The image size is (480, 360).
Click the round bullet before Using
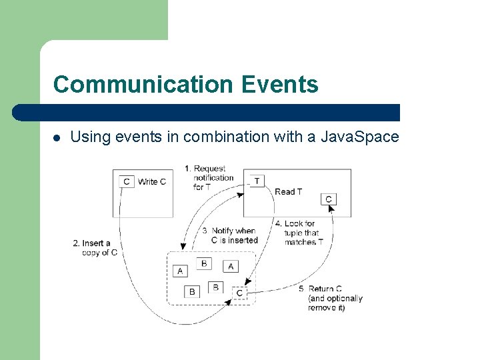(x=57, y=138)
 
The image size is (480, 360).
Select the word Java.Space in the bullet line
(x=360, y=137)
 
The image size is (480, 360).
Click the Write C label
(x=152, y=181)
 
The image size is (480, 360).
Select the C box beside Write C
(x=127, y=181)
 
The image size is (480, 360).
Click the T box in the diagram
(x=257, y=181)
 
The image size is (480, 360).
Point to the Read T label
(x=288, y=191)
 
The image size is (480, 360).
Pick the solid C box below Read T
(x=328, y=199)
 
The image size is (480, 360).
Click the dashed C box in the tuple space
(x=240, y=293)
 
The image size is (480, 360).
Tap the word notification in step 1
(x=213, y=178)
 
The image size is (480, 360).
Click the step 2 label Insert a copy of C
(x=95, y=248)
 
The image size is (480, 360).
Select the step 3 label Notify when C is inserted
(x=231, y=235)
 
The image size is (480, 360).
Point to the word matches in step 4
(x=300, y=242)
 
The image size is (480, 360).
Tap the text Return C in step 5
(x=325, y=289)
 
